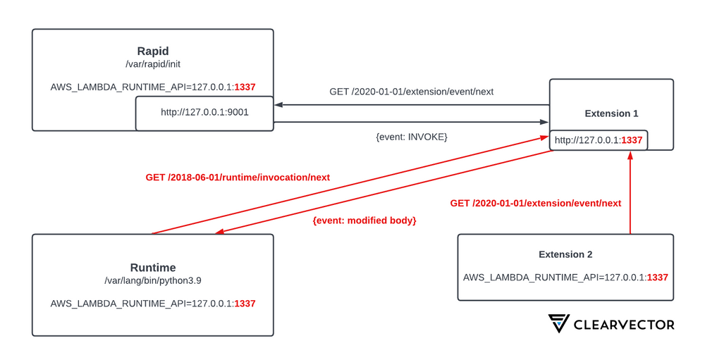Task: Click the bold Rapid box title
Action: click(x=153, y=51)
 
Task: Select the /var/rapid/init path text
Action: click(x=153, y=64)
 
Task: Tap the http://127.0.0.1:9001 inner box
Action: click(x=204, y=112)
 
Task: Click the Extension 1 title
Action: click(x=611, y=113)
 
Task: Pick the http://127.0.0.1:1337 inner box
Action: click(x=599, y=140)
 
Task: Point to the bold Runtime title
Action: click(x=152, y=268)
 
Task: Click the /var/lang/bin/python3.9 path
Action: click(x=153, y=281)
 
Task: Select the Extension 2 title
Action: click(x=565, y=254)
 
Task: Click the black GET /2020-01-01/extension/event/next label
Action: click(x=412, y=92)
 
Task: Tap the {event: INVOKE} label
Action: click(x=412, y=136)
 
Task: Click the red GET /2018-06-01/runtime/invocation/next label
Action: click(x=238, y=178)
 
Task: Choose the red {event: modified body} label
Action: click(x=364, y=221)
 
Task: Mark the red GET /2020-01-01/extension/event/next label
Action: click(x=536, y=203)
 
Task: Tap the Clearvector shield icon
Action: click(x=560, y=323)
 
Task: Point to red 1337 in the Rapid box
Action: click(x=245, y=87)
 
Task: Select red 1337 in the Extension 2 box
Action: click(x=657, y=277)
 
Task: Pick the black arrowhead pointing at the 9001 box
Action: click(x=278, y=105)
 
